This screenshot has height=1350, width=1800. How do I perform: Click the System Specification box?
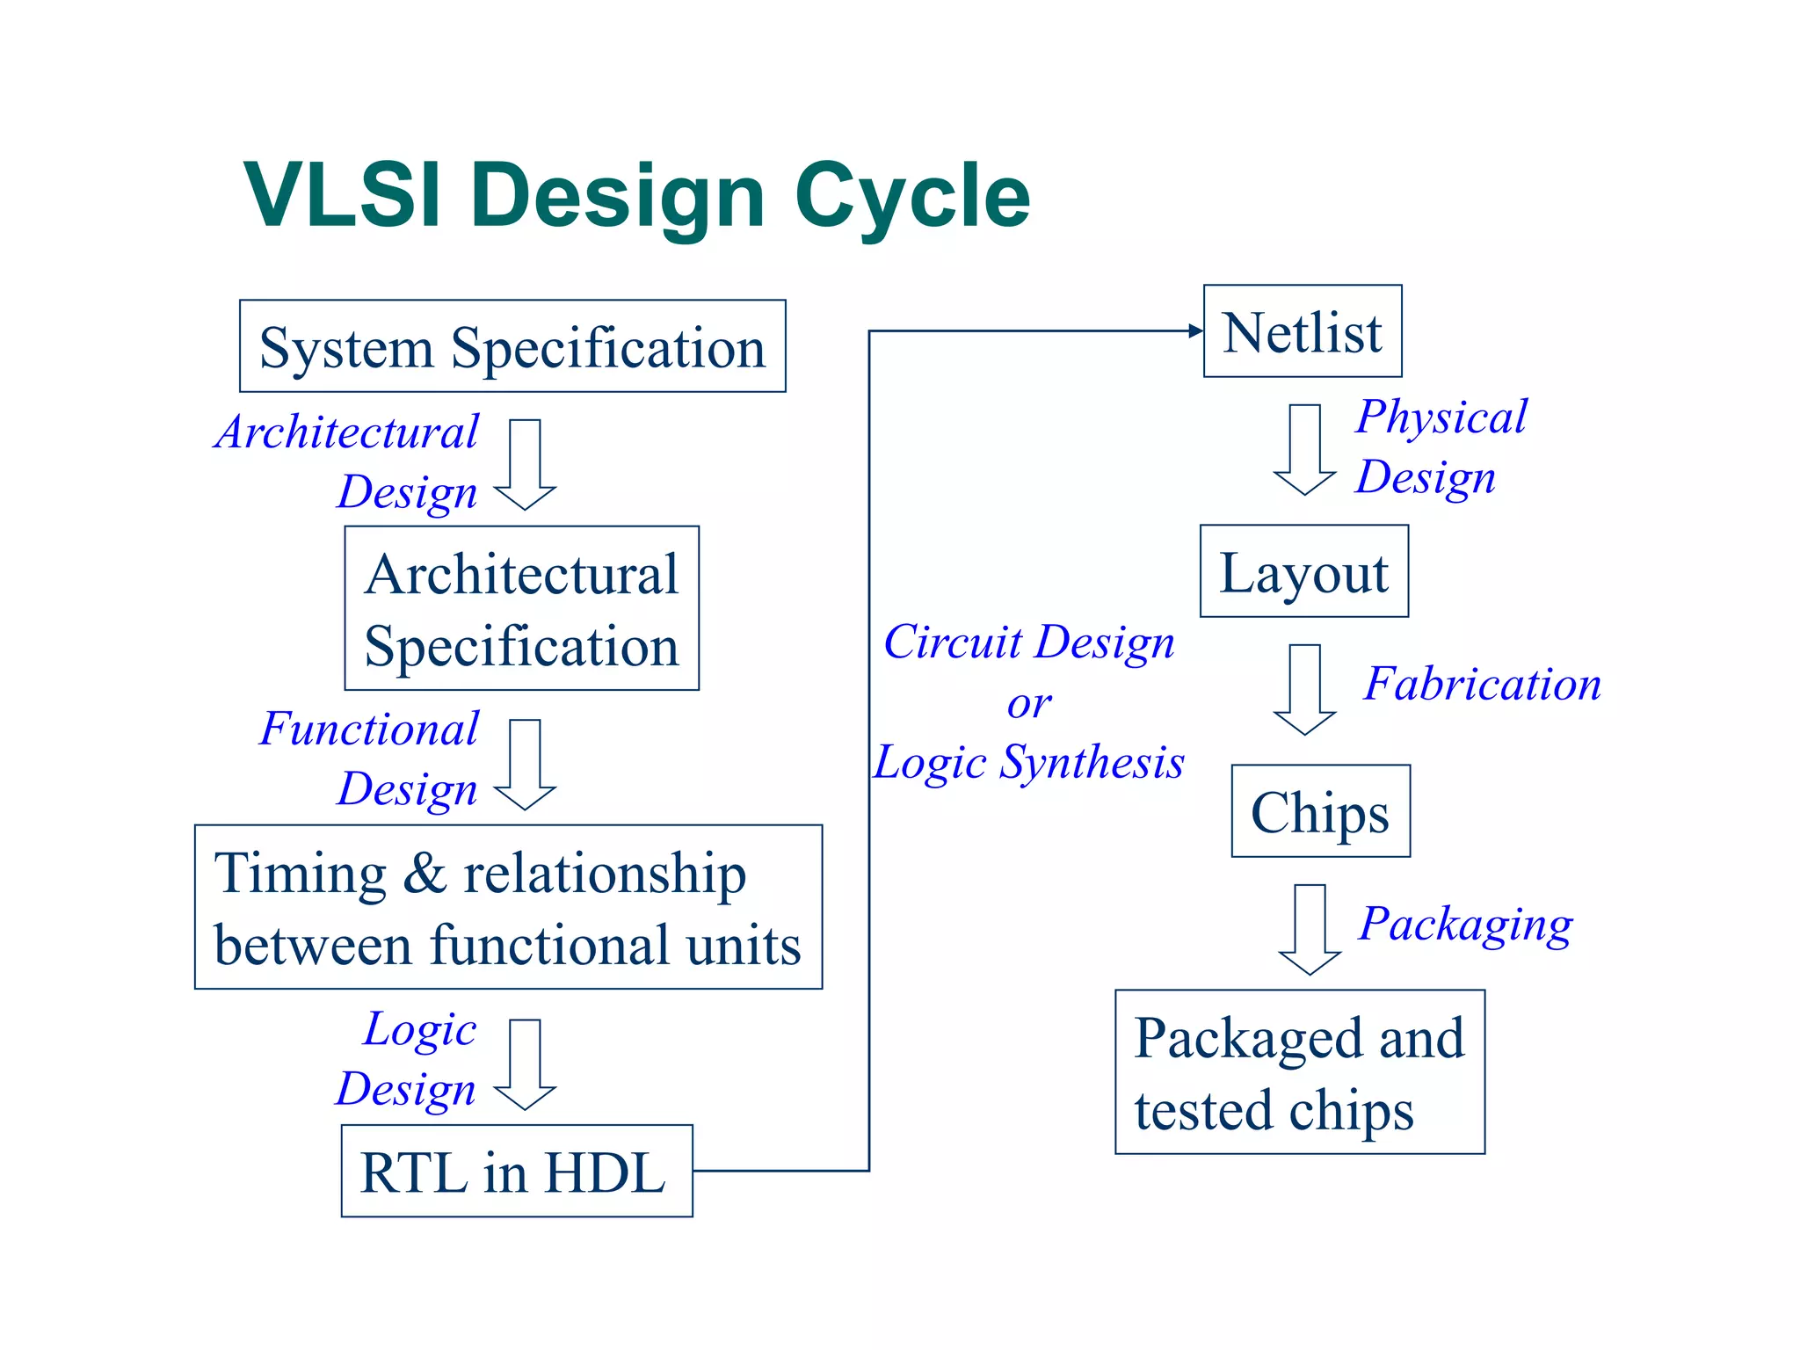pyautogui.click(x=512, y=346)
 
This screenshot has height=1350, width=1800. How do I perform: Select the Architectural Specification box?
pyautogui.click(x=521, y=608)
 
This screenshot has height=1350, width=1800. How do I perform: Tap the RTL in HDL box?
pyautogui.click(x=517, y=1171)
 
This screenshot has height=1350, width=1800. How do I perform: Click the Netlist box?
pyautogui.click(x=1303, y=331)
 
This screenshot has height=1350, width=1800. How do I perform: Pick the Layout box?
pyautogui.click(x=1304, y=571)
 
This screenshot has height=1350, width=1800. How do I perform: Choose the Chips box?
pyautogui.click(x=1320, y=811)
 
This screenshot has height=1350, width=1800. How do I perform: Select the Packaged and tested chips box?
pyautogui.click(x=1299, y=1071)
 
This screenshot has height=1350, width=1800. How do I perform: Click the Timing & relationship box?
pyautogui.click(x=508, y=907)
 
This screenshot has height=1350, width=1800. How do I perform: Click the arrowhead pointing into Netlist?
pyautogui.click(x=1195, y=331)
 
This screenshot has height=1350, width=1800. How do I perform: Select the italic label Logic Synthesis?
pyautogui.click(x=1028, y=762)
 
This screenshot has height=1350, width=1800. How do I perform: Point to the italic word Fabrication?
pyautogui.click(x=1482, y=684)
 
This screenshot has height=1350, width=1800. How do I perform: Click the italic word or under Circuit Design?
pyautogui.click(x=1028, y=703)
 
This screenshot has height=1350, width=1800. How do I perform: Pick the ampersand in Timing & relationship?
pyautogui.click(x=425, y=875)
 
